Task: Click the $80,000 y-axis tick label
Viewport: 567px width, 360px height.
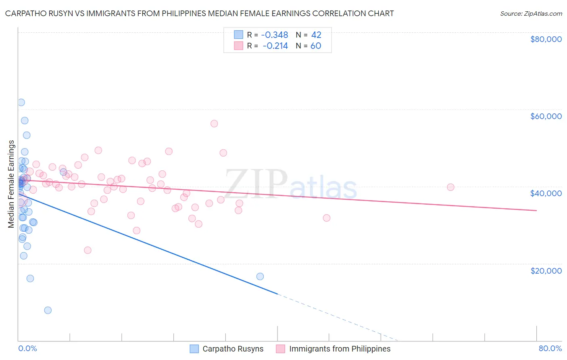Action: pos(546,39)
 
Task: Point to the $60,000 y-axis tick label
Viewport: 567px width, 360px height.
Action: pos(546,116)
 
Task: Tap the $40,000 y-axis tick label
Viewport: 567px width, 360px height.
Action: pos(546,193)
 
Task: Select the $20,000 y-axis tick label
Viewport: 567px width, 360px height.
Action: pos(546,270)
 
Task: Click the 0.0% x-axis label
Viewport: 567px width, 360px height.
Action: pos(27,348)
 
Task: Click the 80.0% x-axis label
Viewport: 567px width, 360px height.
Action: pos(550,348)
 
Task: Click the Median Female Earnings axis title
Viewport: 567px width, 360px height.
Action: pos(11,184)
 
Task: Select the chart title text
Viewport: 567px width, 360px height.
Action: pos(199,13)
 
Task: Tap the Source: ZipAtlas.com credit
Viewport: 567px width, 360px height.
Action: pos(531,13)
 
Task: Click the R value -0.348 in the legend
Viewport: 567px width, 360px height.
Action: pos(274,35)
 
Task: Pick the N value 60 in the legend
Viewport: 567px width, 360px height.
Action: pos(316,46)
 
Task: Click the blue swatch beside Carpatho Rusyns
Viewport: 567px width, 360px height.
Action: pos(194,349)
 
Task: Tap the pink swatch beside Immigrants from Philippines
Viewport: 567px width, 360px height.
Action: pos(281,349)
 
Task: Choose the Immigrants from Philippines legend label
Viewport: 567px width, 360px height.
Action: pos(340,349)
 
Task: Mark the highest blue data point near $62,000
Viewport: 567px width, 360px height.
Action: pos(21,103)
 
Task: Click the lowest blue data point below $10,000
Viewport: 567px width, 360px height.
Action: pos(48,310)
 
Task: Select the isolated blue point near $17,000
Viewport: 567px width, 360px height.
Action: pos(260,276)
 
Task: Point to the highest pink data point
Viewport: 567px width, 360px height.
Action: pos(214,123)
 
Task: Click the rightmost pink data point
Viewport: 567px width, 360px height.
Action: pos(450,187)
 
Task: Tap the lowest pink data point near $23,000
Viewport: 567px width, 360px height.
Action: pos(88,250)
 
